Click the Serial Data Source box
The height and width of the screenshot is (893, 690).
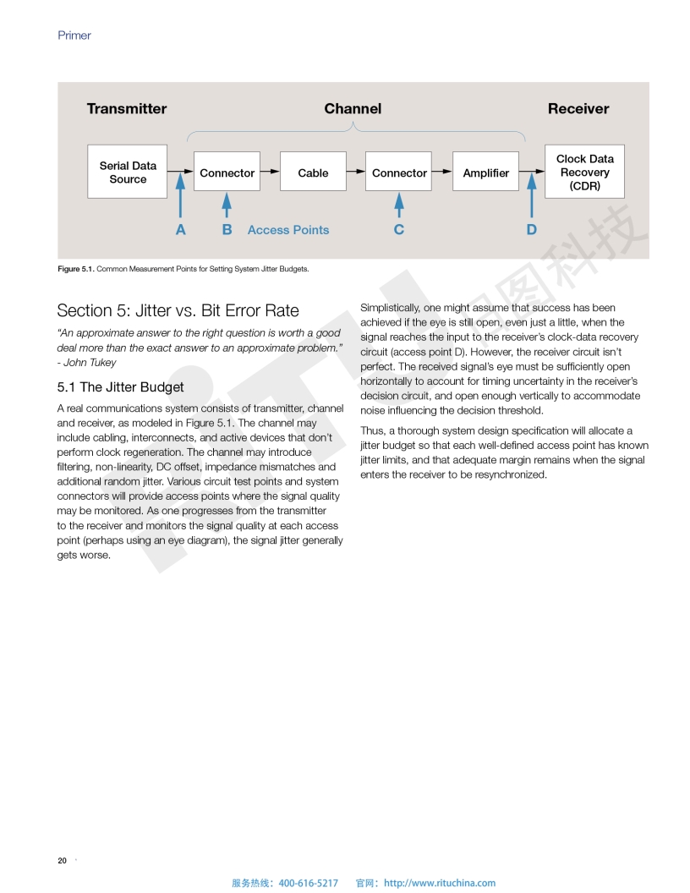pyautogui.click(x=128, y=172)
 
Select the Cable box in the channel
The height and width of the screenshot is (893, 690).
pyautogui.click(x=313, y=173)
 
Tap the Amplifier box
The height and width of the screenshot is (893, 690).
pyautogui.click(x=485, y=173)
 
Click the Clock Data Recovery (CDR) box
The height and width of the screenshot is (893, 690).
pyautogui.click(x=584, y=172)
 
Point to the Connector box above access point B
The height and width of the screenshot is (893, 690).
pyautogui.click(x=227, y=173)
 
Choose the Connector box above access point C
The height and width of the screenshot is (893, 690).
pyautogui.click(x=399, y=173)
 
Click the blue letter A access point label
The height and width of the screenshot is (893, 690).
pyautogui.click(x=180, y=230)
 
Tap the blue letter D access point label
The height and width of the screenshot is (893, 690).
pyautogui.click(x=531, y=230)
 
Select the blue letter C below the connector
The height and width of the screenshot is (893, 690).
pyautogui.click(x=399, y=230)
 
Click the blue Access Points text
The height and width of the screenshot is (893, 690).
pyautogui.click(x=288, y=230)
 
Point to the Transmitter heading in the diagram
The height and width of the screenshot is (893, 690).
pyautogui.click(x=127, y=108)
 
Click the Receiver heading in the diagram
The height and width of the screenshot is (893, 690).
pyautogui.click(x=578, y=108)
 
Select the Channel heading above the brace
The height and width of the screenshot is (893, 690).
pyautogui.click(x=353, y=108)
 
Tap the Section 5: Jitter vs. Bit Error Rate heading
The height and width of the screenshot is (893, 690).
pyautogui.click(x=178, y=310)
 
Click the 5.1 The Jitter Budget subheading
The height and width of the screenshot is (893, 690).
pyautogui.click(x=120, y=387)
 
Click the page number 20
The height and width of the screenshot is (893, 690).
pyautogui.click(x=62, y=861)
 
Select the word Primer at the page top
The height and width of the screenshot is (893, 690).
pyautogui.click(x=74, y=36)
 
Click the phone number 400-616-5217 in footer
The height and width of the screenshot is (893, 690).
pyautogui.click(x=308, y=883)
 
